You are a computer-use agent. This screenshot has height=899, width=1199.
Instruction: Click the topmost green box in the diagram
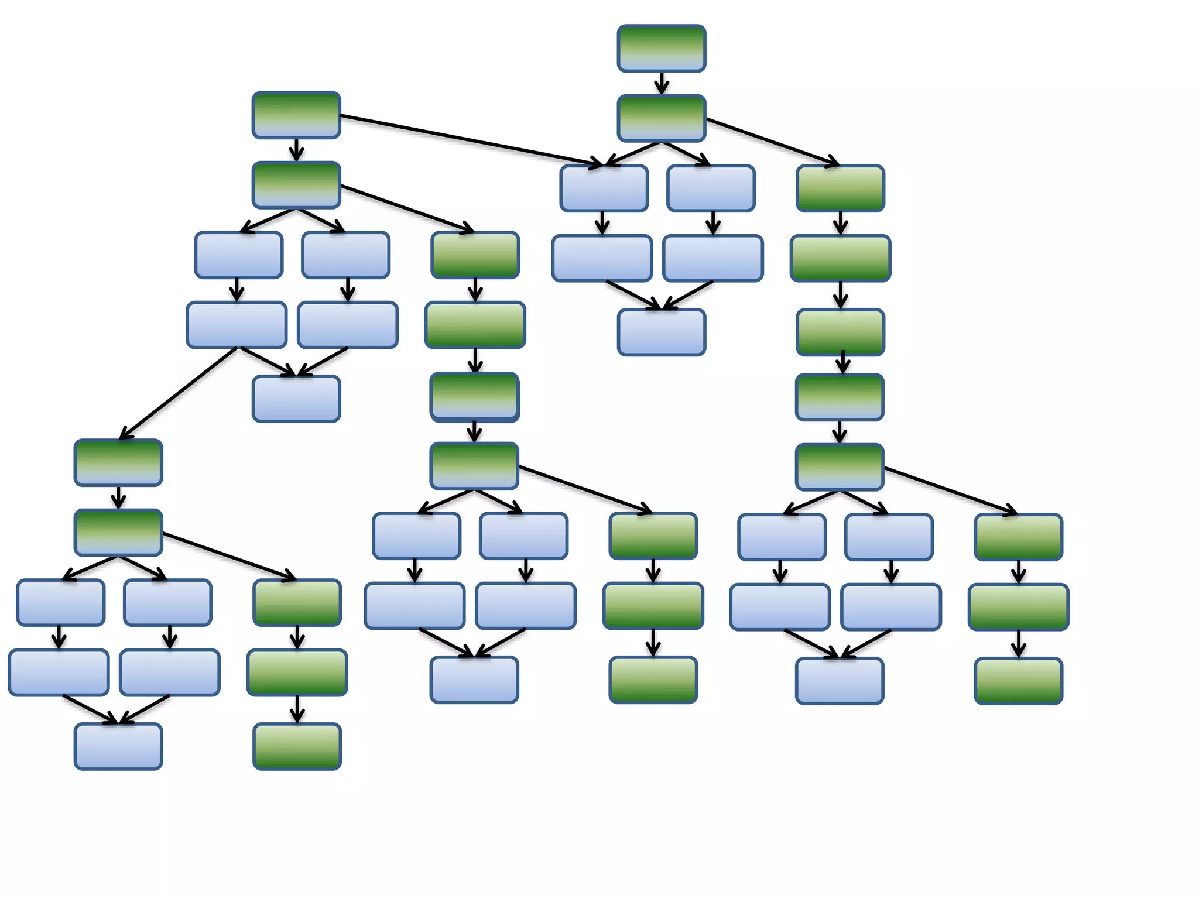662,49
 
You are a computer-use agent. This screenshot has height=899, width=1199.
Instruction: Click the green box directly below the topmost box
662,118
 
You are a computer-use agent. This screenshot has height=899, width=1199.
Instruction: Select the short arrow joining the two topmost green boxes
662,83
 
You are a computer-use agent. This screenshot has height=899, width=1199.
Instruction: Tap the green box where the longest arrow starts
296,115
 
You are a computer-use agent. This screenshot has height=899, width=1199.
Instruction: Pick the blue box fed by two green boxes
604,188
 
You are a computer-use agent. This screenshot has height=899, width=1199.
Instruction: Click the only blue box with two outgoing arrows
237,325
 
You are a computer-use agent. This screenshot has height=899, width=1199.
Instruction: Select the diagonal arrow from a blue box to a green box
179,393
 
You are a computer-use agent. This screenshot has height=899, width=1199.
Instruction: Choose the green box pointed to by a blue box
118,462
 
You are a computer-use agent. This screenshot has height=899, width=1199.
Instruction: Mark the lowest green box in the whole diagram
297,746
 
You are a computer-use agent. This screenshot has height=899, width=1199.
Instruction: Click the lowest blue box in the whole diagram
118,746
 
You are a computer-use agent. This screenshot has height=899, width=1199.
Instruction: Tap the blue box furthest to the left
59,672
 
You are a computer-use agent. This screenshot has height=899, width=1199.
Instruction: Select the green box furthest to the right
1019,607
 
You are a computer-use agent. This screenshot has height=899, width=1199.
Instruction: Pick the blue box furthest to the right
891,607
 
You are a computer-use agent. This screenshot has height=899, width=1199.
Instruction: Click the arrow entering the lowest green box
297,709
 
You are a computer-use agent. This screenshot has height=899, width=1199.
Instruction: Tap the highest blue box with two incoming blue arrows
662,332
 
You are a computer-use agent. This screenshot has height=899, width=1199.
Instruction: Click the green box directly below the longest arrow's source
296,185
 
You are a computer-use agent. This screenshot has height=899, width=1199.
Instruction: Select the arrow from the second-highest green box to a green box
773,142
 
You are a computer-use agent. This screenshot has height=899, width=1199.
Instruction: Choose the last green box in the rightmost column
1019,681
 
